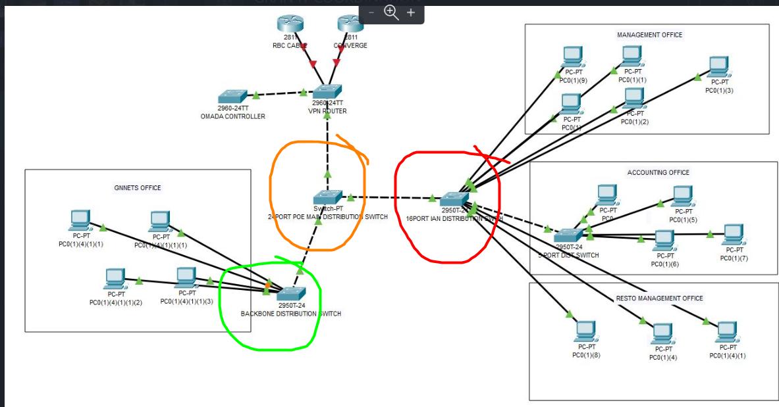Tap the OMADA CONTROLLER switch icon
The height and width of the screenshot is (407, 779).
(233, 96)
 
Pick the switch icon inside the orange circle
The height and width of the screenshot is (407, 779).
(328, 197)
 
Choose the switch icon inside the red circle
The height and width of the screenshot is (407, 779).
(454, 198)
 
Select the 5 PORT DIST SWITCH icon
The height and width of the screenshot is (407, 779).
(567, 235)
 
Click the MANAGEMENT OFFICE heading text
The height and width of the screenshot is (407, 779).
(649, 34)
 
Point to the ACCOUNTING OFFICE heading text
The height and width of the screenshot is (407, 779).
(658, 172)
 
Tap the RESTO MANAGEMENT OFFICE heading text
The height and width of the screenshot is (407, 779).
(659, 298)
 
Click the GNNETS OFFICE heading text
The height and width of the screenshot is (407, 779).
(138, 187)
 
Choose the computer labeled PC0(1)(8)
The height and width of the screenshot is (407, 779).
(586, 331)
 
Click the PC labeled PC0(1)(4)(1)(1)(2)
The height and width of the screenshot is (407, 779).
(116, 279)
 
